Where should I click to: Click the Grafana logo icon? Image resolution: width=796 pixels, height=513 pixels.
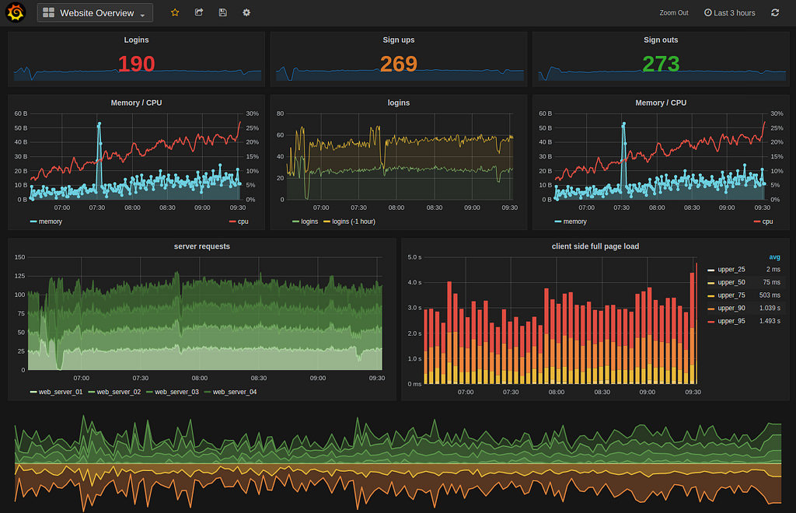coord(16,12)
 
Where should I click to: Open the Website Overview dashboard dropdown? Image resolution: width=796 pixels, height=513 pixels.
coord(95,13)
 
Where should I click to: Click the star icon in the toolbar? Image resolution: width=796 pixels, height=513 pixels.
coord(175,12)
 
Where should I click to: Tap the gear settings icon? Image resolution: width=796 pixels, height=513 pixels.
coord(246,12)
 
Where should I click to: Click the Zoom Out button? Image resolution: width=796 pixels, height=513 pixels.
coord(673,13)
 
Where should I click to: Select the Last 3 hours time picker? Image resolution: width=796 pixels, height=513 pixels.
coord(729,13)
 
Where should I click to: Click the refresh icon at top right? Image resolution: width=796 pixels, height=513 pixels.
coord(775,12)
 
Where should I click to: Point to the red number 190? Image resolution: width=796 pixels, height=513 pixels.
coord(136,64)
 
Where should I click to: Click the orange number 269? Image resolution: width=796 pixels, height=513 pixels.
coord(399,64)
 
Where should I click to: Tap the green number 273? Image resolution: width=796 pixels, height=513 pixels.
coord(661,64)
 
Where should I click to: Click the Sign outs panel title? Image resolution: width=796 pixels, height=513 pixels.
coord(661,40)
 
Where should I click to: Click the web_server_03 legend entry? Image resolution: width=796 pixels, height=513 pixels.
coord(176,392)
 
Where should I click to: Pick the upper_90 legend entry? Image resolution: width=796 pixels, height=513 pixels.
coord(731,308)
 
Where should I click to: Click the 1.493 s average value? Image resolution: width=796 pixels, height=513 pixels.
coord(769,321)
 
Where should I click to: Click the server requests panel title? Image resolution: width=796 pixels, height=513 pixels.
coord(202,246)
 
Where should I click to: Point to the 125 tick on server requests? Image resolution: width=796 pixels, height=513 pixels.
coord(20,276)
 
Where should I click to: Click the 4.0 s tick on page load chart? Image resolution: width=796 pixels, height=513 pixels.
coord(414,282)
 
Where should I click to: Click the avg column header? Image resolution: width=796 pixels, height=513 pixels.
coord(774,257)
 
